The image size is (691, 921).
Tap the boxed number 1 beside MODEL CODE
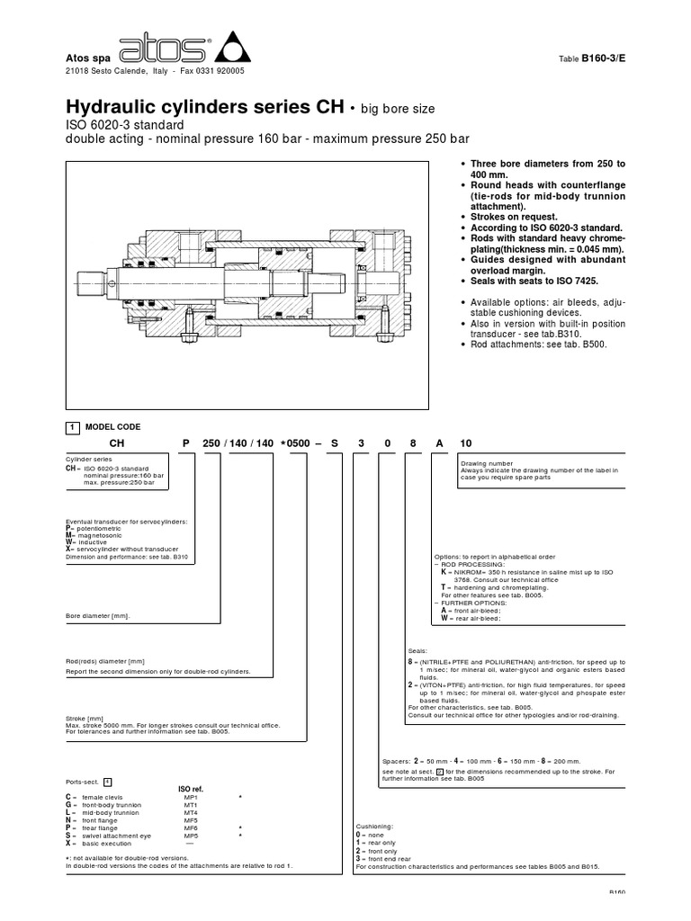[x=72, y=426]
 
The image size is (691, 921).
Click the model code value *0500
[x=300, y=443]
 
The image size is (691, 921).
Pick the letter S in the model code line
[x=334, y=443]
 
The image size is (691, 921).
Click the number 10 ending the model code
[x=465, y=443]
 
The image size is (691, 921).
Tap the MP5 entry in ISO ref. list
[x=192, y=836]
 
